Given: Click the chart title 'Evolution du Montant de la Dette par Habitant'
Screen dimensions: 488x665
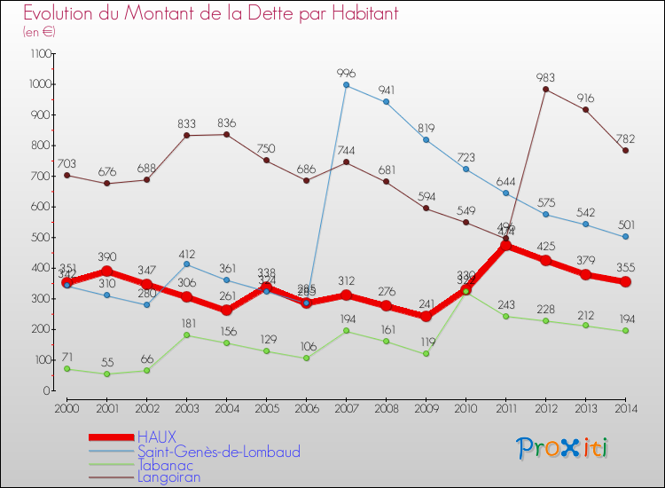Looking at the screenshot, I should (210, 13).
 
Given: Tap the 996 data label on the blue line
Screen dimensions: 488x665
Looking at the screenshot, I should (346, 73).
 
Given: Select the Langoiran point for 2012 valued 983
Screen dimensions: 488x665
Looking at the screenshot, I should (545, 89).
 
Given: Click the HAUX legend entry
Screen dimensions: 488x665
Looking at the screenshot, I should (157, 437).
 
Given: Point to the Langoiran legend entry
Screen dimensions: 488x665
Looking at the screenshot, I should (168, 478).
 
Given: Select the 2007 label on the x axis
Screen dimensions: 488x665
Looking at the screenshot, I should (346, 407).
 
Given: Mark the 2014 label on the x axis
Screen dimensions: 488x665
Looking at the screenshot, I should (626, 407).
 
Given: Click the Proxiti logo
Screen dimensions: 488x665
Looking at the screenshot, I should (563, 448).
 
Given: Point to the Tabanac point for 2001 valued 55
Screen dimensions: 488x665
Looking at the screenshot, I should (106, 374).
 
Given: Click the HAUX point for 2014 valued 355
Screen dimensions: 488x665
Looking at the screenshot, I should (626, 281).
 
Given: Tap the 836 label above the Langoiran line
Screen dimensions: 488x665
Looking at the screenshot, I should (226, 122).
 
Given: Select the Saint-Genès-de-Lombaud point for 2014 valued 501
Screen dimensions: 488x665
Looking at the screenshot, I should (626, 237).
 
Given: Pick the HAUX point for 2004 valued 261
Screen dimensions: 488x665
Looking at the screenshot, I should (226, 311).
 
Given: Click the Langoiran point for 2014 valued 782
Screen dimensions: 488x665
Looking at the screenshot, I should (626, 151).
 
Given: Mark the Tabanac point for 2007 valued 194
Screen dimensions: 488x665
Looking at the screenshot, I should (346, 331).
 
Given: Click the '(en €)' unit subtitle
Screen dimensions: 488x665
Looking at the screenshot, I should (39, 32).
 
